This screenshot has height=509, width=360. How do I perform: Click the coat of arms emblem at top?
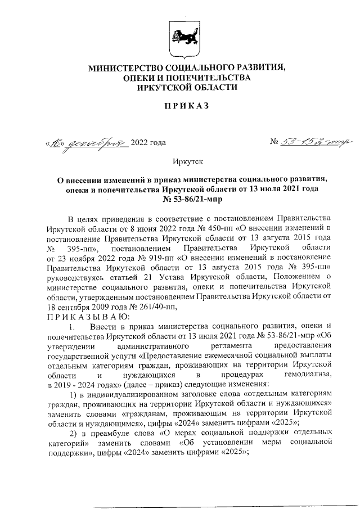(179, 35)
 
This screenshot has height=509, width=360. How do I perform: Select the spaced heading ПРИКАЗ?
(179, 106)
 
